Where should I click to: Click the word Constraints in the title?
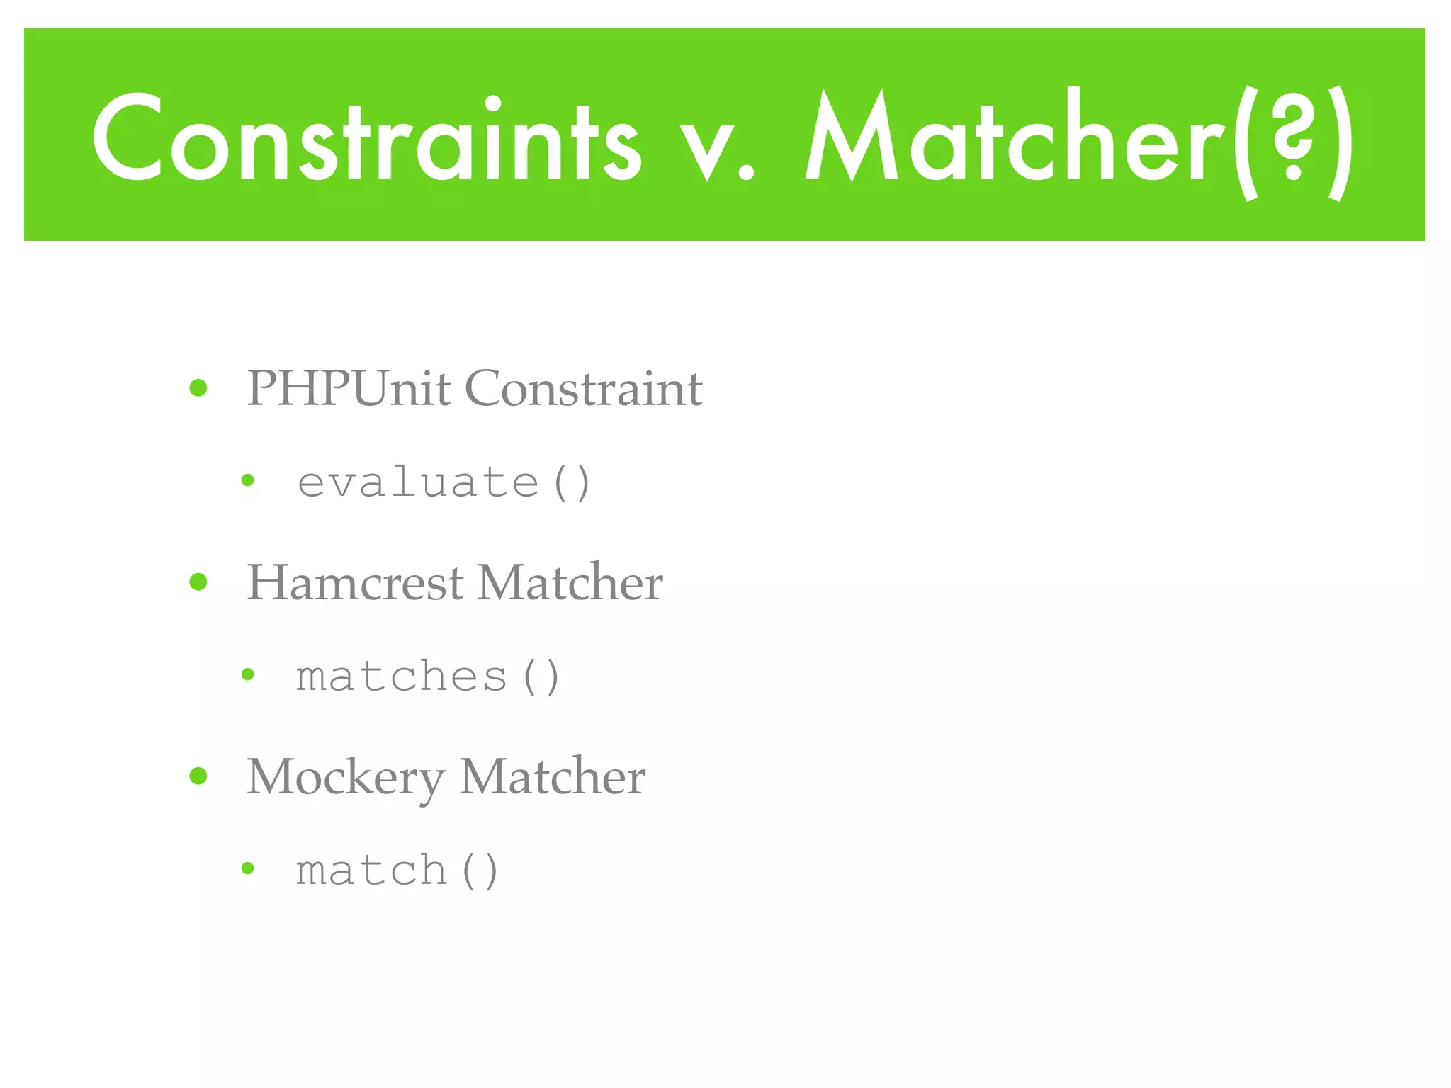[367, 138]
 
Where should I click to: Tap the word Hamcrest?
[355, 582]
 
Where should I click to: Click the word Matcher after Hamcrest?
[570, 582]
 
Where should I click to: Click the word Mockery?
[345, 777]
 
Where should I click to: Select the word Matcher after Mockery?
[553, 776]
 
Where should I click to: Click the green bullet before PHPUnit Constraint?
[198, 387]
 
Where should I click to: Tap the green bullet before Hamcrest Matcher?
[198, 582]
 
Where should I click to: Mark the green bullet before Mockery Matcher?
[198, 776]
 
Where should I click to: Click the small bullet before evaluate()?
[247, 480]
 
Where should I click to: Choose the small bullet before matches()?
[247, 674]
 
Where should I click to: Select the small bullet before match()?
[247, 868]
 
